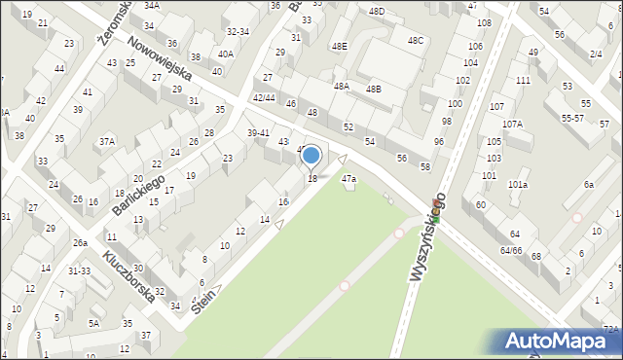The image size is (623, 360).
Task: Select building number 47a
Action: pos(348,179)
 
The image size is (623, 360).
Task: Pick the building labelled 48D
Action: pos(377,12)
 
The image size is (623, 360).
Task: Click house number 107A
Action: pos(512,124)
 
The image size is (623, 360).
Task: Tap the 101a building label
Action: pos(518,184)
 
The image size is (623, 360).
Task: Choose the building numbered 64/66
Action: pos(511,250)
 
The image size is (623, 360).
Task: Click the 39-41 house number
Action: pos(258,132)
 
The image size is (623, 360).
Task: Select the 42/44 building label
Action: pos(264,97)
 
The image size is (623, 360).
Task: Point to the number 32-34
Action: pos(238,31)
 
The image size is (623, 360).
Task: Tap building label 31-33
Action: pos(78,270)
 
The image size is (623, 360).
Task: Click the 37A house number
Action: pos(106,141)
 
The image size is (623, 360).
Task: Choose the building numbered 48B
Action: pos(373,89)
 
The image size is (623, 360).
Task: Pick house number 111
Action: pos(523,80)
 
